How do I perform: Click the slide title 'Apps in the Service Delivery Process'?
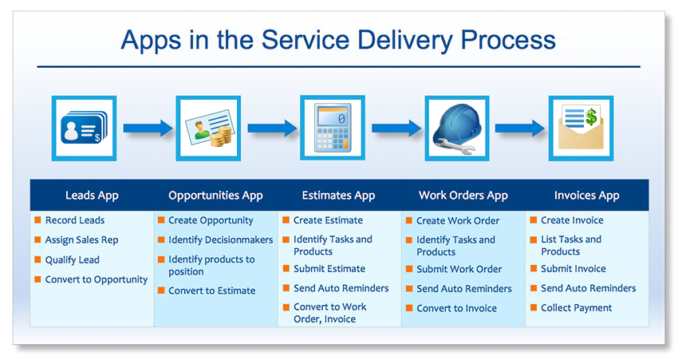pyautogui.click(x=338, y=40)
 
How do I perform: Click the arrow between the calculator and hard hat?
pyautogui.click(x=396, y=128)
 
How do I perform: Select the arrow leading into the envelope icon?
pyautogui.click(x=519, y=128)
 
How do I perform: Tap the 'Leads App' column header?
pyautogui.click(x=92, y=196)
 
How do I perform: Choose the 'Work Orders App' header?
pyautogui.click(x=463, y=196)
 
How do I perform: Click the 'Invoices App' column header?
pyautogui.click(x=586, y=196)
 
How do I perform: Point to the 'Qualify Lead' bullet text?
pyautogui.click(x=73, y=259)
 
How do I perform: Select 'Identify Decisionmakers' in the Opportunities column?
pyautogui.click(x=220, y=240)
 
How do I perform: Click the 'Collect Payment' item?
pyautogui.click(x=576, y=308)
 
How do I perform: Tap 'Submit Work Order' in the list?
pyautogui.click(x=459, y=269)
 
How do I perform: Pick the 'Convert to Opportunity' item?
pyautogui.click(x=97, y=279)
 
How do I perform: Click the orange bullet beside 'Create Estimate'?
pyautogui.click(x=286, y=220)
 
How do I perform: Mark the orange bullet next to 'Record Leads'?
pyautogui.click(x=37, y=220)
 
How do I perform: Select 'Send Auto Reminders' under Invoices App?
pyautogui.click(x=588, y=288)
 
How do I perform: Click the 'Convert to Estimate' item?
pyautogui.click(x=211, y=291)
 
